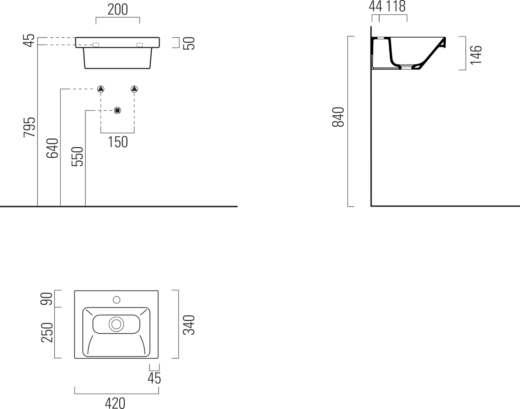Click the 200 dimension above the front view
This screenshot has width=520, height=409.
118,10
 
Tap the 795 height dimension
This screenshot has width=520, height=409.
29,127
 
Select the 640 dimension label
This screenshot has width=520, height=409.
53,148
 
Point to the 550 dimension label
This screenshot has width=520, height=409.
77,157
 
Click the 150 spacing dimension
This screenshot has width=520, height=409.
118,142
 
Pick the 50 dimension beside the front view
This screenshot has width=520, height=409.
189,43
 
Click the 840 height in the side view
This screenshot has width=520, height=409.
338,117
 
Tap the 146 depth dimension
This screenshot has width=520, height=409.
476,55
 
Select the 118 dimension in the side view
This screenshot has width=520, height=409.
396,6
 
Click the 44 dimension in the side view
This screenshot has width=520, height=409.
375,6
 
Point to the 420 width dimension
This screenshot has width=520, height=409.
115,403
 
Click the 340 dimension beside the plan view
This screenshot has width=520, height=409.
189,325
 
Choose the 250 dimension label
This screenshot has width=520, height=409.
47,332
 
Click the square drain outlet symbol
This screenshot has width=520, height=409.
118,110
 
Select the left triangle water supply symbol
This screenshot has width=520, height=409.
101,89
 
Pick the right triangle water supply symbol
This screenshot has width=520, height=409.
134,89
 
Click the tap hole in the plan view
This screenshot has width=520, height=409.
117,300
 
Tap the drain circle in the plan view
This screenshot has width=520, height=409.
116,324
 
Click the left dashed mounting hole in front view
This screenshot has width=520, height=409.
96,45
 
